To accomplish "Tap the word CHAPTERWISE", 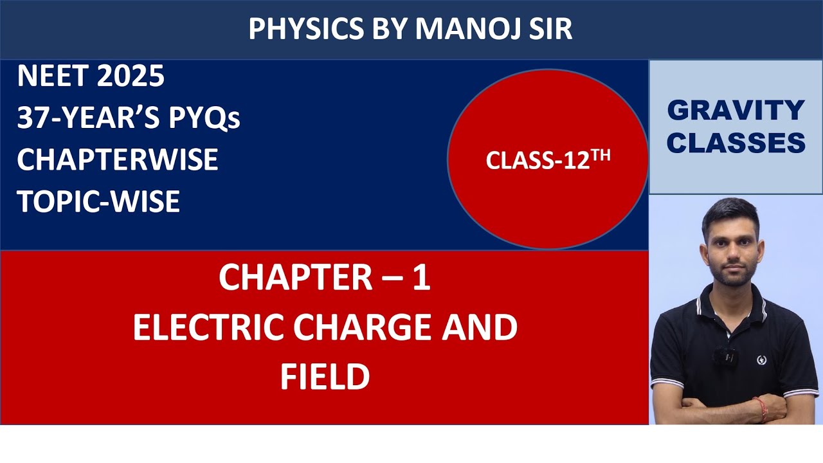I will coord(118,160).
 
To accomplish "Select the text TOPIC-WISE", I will coord(98,202).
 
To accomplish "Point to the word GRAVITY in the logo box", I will coord(736,111).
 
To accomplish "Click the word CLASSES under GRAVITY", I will coord(736,143).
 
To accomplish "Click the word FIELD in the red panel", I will coord(325,377).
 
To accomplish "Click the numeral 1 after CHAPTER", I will coord(421,278).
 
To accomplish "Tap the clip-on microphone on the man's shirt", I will coord(726,354).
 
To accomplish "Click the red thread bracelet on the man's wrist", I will coord(760,408).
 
